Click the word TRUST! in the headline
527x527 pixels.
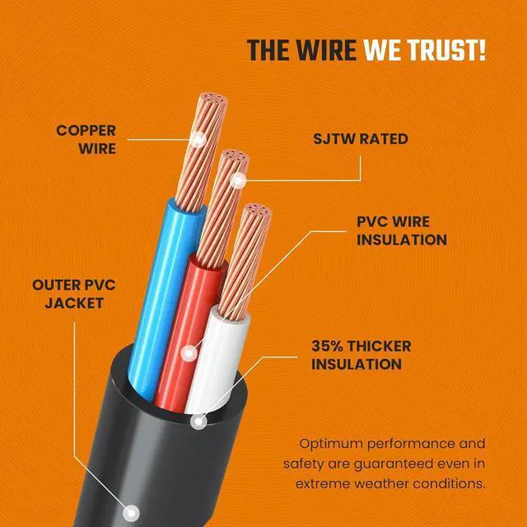click(x=444, y=50)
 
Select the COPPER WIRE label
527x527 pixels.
click(x=86, y=140)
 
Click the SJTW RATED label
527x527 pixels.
click(x=360, y=139)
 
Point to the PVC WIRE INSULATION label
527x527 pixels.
click(x=401, y=231)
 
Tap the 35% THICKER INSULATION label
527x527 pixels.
click(x=361, y=355)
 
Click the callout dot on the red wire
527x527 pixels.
click(x=190, y=352)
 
